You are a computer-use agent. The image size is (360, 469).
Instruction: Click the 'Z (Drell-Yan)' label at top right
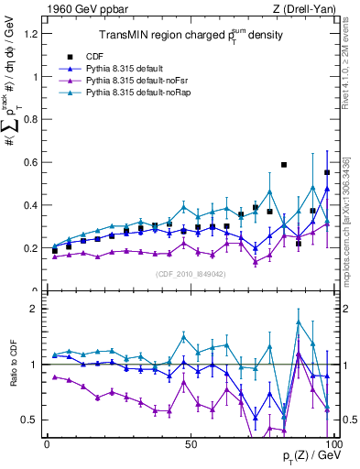click(x=308, y=9)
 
